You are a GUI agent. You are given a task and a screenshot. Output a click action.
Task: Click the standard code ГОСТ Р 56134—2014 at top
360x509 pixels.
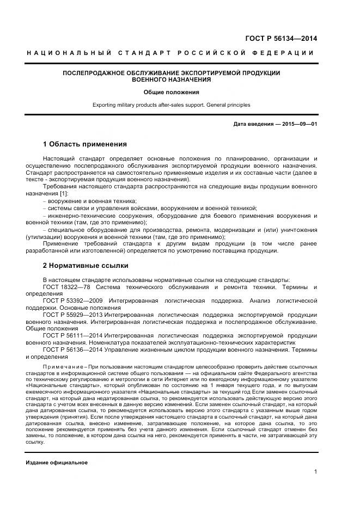(283, 38)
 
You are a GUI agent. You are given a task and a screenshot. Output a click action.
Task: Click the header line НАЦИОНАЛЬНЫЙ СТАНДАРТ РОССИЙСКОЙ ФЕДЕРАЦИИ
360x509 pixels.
(171, 53)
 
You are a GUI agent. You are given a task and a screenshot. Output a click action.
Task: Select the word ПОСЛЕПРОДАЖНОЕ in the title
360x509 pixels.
(96, 72)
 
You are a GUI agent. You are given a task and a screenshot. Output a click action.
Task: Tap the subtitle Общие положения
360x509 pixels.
(171, 92)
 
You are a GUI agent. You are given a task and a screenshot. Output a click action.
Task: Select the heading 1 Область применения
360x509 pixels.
(84, 144)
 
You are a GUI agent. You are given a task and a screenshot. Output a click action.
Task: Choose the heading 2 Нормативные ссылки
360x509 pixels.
(86, 266)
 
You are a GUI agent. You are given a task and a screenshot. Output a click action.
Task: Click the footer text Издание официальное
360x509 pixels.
(57, 462)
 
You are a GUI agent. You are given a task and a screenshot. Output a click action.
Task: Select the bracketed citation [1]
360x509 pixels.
(64, 194)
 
